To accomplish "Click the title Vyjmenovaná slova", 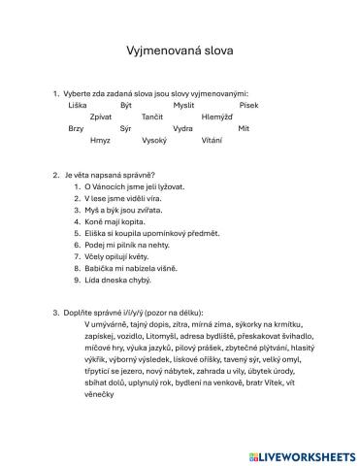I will (x=180, y=47).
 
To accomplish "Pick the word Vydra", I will (x=182, y=128).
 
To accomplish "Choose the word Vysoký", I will (x=154, y=141).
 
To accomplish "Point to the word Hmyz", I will (x=100, y=141).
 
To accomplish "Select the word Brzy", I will (x=76, y=128).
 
